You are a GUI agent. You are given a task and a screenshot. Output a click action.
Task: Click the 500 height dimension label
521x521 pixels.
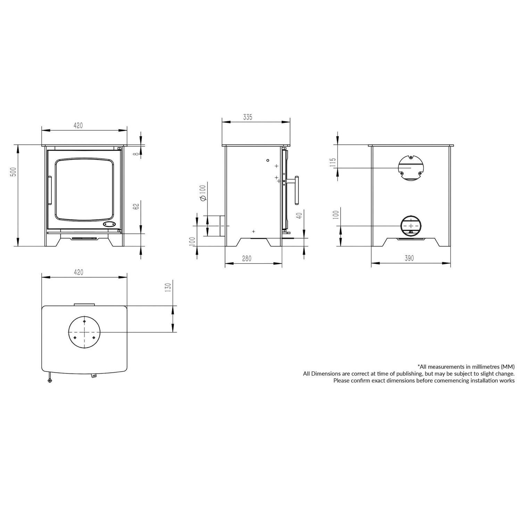13,172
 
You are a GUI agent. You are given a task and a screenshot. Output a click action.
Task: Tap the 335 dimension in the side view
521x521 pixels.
247,117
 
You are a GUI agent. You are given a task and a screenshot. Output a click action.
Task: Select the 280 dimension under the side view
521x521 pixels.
247,259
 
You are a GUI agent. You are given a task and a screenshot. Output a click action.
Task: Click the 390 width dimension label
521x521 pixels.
409,258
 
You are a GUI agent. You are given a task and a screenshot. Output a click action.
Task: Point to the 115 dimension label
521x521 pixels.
333,163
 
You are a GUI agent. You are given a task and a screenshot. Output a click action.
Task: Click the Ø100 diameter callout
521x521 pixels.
203,193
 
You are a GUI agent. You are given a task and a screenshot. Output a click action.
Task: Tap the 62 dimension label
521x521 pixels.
136,206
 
